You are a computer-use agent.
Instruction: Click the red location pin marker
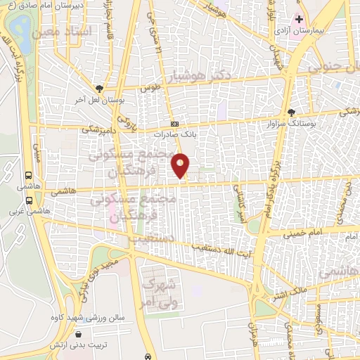[x=181, y=165]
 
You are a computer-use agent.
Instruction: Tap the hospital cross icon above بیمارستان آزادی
[x=298, y=19]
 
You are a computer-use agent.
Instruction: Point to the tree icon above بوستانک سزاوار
[x=291, y=112]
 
